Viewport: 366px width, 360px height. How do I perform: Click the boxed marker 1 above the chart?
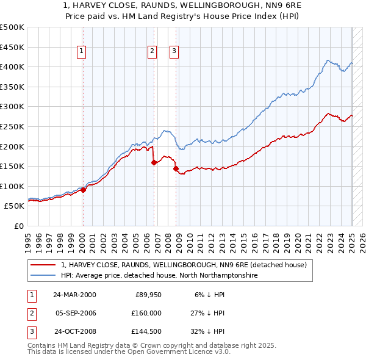pos(82,52)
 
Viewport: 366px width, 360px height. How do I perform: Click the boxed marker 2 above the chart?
pos(151,52)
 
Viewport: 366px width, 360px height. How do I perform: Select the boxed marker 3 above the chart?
pos(174,52)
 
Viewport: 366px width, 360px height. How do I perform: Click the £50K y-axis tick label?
pos(15,206)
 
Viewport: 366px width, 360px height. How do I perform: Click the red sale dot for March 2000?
pos(84,190)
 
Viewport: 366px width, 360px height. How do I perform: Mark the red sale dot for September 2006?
pos(154,162)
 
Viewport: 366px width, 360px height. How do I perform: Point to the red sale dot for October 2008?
pos(176,168)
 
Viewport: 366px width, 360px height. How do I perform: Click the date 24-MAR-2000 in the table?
pos(74,295)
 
